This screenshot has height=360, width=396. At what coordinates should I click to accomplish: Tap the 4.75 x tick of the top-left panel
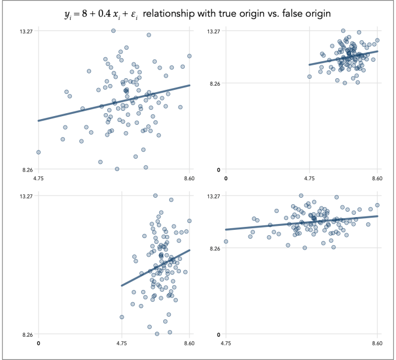coord(38,179)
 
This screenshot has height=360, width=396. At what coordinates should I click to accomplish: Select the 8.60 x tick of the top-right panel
coord(377,179)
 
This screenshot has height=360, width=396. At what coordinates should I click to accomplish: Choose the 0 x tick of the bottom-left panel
coord(38,344)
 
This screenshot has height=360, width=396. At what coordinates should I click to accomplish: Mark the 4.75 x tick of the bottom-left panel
coord(121,344)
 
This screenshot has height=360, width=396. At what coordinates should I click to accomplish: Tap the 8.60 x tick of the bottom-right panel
coord(377,344)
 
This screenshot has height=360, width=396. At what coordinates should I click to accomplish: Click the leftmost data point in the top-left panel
coord(38,152)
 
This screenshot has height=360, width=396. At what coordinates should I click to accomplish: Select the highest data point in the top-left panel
coord(113,30)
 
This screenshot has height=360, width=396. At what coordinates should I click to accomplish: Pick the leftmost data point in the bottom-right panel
coord(226,241)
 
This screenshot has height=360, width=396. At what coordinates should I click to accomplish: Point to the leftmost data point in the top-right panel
coord(310,76)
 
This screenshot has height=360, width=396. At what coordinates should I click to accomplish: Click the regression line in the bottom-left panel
coord(155,268)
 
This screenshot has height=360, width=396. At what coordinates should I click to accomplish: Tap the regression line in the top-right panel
coord(344,58)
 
